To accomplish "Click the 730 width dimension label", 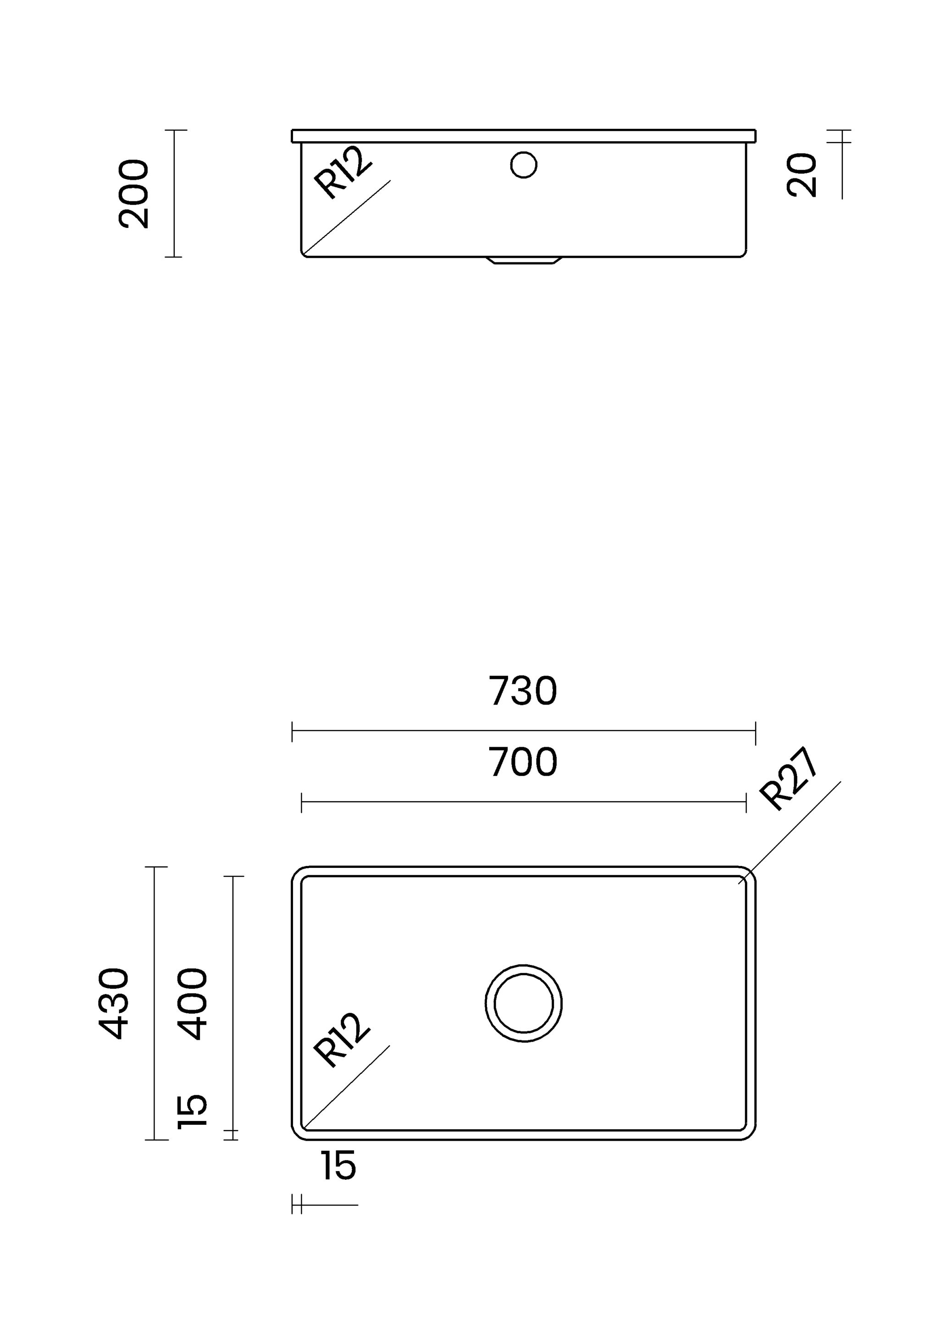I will pyautogui.click(x=523, y=690).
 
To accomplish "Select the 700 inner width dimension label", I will pyautogui.click(x=523, y=762).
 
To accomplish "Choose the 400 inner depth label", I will pyautogui.click(x=192, y=1004).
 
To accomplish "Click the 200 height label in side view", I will pyautogui.click(x=134, y=194).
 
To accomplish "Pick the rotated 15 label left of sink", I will pyautogui.click(x=192, y=1111).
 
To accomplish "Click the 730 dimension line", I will pyautogui.click(x=523, y=731).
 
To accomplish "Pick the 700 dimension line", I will pyautogui.click(x=523, y=802).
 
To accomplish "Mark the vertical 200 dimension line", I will pyautogui.click(x=174, y=194).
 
